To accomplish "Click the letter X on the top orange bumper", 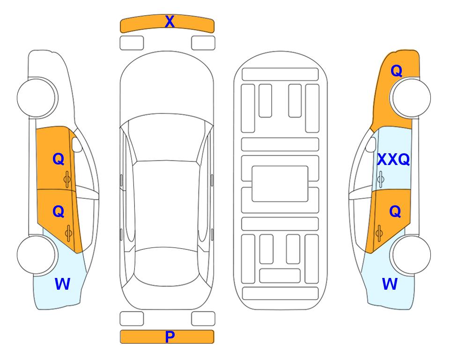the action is tap(170, 21).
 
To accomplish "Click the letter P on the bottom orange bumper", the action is tap(170, 337).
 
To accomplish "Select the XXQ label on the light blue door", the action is tap(393, 159).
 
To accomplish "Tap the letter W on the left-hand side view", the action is tap(62, 284).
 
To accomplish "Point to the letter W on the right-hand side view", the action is tap(390, 284).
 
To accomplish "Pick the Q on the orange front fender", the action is tap(396, 71).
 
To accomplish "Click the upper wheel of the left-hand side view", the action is tap(37, 98).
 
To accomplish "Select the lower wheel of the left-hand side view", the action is tap(37, 255).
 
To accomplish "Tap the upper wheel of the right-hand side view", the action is tap(411, 98).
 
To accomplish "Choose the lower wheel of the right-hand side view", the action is tap(411, 255).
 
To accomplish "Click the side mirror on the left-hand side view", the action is tap(77, 144).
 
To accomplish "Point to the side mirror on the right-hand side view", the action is tap(370, 144).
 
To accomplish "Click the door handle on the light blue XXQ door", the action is tap(380, 179).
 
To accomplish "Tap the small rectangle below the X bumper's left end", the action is tap(132, 43).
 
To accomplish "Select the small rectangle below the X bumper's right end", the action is tap(203, 43).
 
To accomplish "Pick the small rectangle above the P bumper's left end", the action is tap(132, 319).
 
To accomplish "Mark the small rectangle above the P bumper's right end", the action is tap(203, 319).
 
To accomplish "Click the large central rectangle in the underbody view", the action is tap(280, 184).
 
